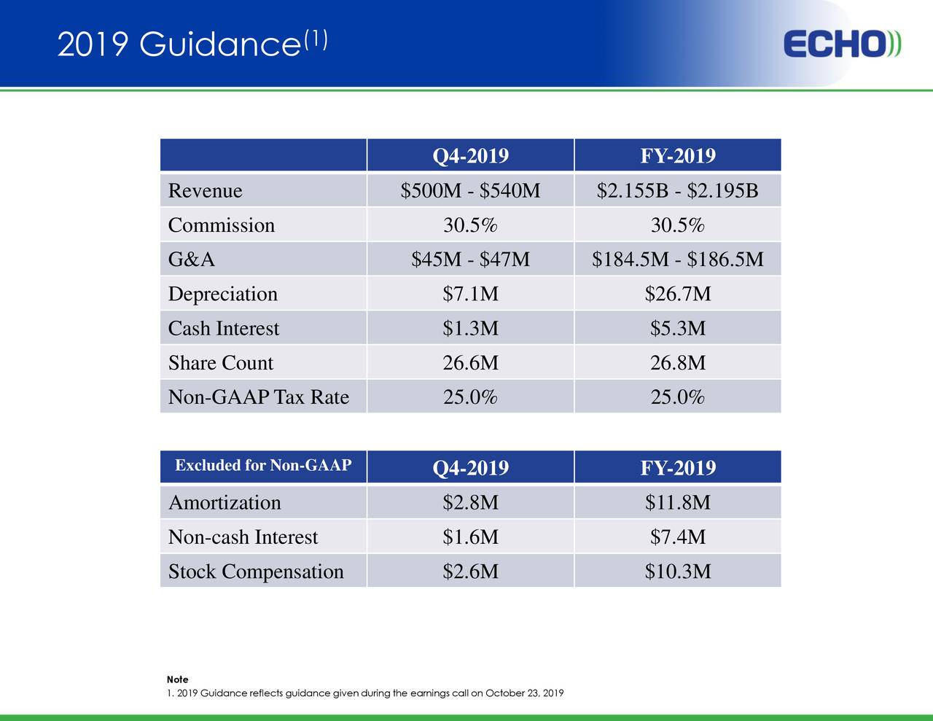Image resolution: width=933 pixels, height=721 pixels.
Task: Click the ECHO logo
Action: pos(843,44)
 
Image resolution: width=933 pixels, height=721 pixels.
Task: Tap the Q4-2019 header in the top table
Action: pos(470,156)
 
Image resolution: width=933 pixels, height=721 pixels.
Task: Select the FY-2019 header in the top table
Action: pos(678,156)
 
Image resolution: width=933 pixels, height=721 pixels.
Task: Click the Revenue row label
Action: pos(205,191)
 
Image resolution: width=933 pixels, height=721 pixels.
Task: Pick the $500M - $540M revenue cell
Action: pos(470,191)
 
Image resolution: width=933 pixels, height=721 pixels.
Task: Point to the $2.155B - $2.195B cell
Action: pos(678,191)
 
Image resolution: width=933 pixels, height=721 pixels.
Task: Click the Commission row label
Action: pos(222,225)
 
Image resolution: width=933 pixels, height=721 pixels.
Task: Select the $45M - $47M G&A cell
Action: pos(470,260)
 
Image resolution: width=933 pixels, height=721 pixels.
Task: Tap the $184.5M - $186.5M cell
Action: pos(678,260)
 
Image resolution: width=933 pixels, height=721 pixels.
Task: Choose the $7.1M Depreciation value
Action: pos(470,294)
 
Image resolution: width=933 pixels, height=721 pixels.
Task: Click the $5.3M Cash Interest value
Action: pos(678,329)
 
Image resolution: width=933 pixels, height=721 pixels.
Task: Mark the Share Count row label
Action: pos(221,363)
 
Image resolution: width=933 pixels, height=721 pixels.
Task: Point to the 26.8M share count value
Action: pos(678,363)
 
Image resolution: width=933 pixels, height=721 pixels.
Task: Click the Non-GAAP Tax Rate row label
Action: pos(259,397)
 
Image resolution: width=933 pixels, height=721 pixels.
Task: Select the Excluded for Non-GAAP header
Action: pos(263,465)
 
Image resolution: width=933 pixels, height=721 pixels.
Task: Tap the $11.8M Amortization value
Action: pos(678,503)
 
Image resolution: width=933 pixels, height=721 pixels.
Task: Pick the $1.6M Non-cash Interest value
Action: pos(470,537)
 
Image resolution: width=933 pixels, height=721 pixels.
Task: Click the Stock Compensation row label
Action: pos(256,572)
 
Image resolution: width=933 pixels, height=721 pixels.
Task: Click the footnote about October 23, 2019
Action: pos(364,693)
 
